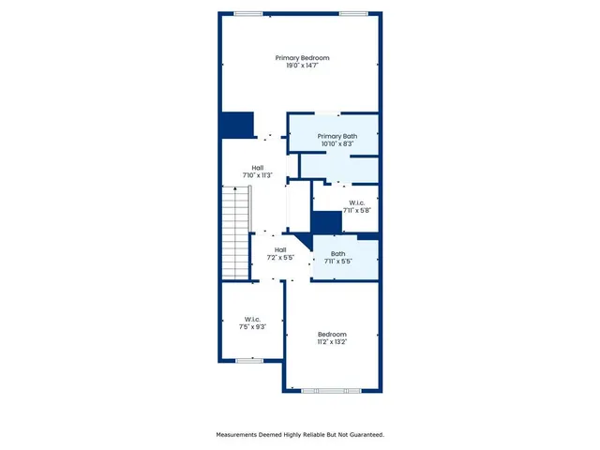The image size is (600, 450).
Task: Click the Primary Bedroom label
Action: click(302, 58)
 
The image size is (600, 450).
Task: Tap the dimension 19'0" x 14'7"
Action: click(302, 66)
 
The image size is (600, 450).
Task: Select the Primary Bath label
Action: click(337, 137)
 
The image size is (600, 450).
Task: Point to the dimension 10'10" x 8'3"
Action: click(337, 144)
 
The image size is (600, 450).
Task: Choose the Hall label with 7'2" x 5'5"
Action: click(280, 249)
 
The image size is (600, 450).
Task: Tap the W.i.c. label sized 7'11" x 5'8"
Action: click(357, 203)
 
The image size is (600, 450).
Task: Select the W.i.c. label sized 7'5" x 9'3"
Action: click(252, 319)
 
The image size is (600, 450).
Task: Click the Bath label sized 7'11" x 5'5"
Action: click(338, 253)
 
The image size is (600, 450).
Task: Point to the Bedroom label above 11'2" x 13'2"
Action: click(332, 335)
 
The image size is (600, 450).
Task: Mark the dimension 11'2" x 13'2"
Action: click(332, 342)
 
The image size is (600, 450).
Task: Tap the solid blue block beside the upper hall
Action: click(237, 126)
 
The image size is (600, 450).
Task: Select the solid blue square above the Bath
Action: click(325, 222)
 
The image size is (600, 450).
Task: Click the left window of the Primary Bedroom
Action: click(247, 13)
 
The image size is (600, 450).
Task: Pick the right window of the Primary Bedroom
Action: click(353, 13)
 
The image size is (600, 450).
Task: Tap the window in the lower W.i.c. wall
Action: click(250, 360)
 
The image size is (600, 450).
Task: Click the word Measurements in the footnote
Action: click(240, 435)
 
